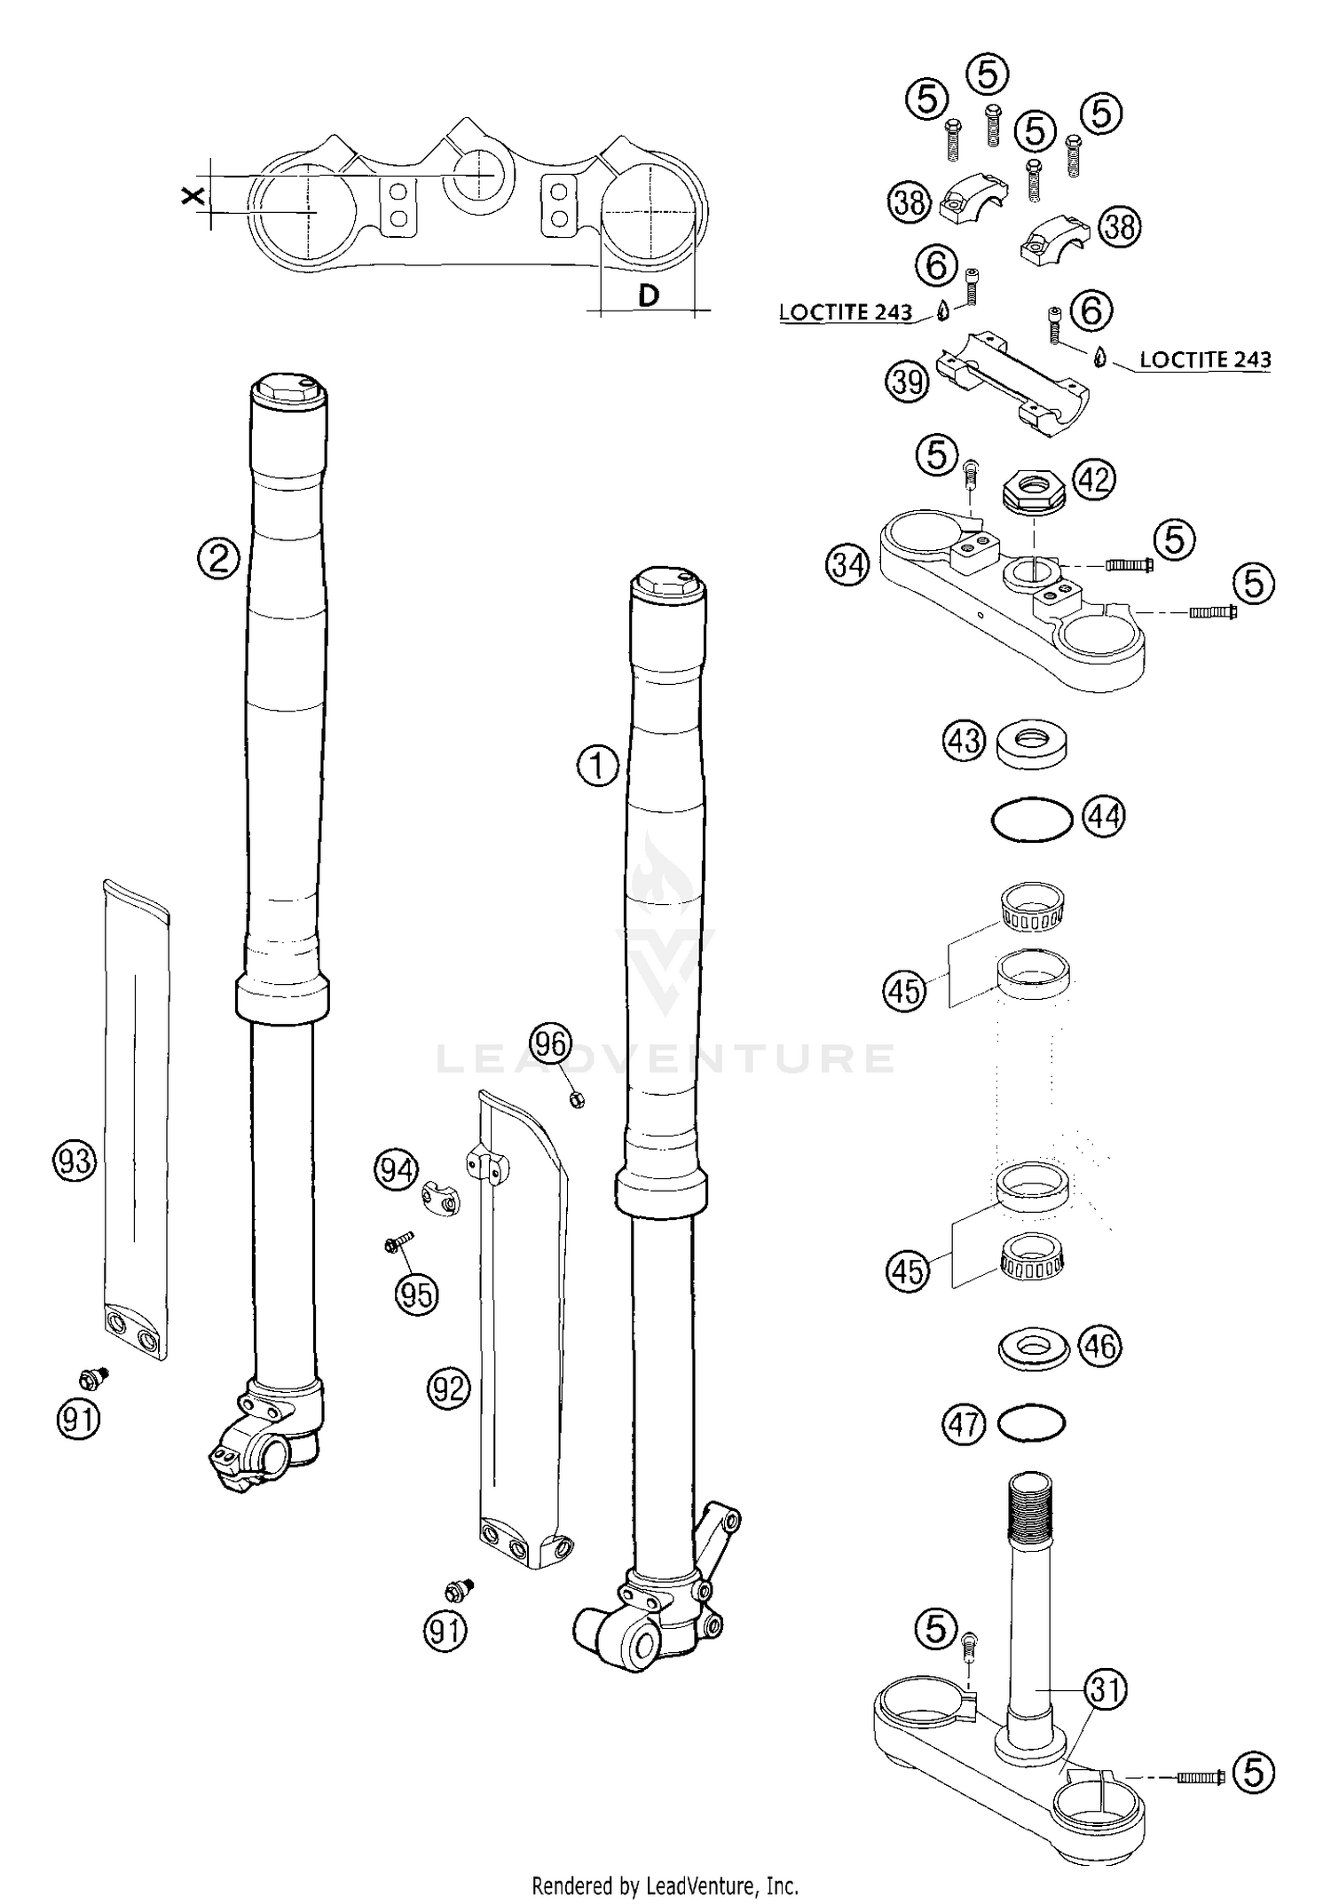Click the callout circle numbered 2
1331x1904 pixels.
[x=218, y=559]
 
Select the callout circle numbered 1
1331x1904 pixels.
[x=598, y=765]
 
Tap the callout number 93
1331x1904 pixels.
[x=75, y=1160]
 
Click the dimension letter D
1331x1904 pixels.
[x=649, y=295]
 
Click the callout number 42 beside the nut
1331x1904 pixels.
[x=1094, y=479]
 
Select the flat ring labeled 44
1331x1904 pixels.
[x=1032, y=818]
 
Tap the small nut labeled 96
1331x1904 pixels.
[x=575, y=1100]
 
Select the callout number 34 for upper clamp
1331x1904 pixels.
[x=847, y=564]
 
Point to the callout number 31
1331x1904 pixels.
[x=1106, y=1690]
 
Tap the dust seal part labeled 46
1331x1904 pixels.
[x=1032, y=1349]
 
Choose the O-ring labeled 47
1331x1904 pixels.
[x=1031, y=1424]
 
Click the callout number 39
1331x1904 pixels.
[x=907, y=382]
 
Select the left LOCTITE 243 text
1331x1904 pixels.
[x=845, y=312]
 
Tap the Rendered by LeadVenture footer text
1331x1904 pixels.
[x=665, y=1884]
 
